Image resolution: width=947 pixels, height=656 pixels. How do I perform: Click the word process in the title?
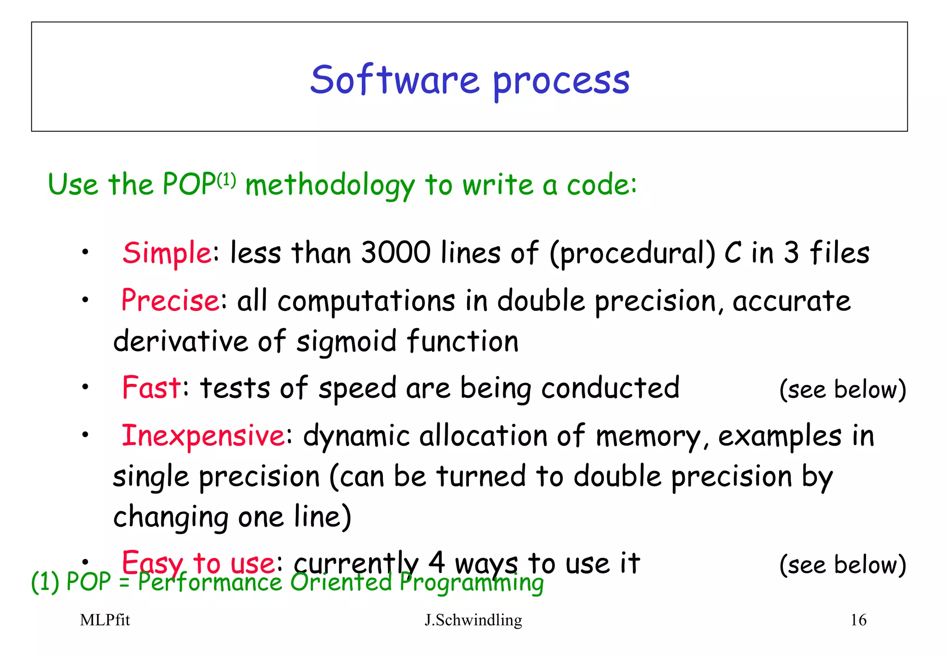point(561,82)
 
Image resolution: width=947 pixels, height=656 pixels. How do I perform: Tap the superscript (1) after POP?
point(226,179)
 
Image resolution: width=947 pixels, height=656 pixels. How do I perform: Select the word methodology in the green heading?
point(330,186)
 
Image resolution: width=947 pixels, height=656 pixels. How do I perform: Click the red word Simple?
point(167,253)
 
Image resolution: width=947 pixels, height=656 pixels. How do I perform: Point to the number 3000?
point(395,253)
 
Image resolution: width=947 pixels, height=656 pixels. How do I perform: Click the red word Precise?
point(170,301)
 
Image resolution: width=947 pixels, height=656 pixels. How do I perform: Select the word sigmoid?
point(346,342)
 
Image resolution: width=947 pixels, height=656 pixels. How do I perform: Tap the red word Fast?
point(151,388)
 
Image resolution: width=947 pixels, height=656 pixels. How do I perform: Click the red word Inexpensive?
point(203,436)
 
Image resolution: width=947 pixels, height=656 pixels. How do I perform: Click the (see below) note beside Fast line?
point(842,390)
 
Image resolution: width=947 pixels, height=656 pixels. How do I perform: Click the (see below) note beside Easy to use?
point(842,565)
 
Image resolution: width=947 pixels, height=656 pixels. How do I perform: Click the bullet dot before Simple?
point(85,253)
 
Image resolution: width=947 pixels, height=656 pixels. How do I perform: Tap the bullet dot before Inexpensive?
point(85,435)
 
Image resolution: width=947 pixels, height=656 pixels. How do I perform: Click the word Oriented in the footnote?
point(341,582)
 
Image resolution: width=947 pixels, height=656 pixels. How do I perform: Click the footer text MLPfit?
point(105,620)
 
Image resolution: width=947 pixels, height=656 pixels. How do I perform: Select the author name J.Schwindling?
point(473,620)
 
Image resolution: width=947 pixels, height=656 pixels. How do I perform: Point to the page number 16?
point(858,620)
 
